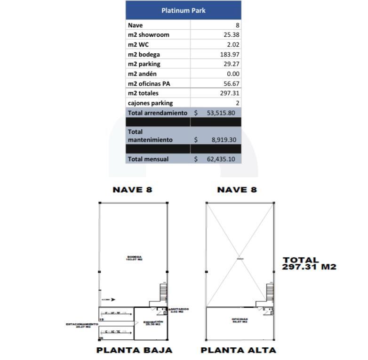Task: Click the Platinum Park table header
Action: click(x=183, y=10)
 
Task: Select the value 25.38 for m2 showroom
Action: click(x=231, y=35)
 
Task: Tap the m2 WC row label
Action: click(x=138, y=45)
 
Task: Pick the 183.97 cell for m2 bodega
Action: click(x=230, y=55)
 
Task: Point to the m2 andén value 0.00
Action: click(x=232, y=74)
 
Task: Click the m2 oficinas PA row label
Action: click(x=149, y=84)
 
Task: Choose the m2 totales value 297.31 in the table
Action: click(x=230, y=93)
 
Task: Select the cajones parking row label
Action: click(x=150, y=103)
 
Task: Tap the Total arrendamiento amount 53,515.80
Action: click(x=221, y=113)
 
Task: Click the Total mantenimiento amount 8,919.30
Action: click(x=223, y=140)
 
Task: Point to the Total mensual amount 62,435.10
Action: click(x=221, y=159)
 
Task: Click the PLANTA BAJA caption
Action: click(x=134, y=350)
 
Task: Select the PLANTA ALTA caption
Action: click(x=238, y=350)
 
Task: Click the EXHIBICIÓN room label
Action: click(x=153, y=323)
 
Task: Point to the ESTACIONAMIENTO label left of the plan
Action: click(x=82, y=325)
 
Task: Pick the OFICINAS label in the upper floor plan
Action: click(x=240, y=320)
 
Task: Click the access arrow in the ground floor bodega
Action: click(x=113, y=299)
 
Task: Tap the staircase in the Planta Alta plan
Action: click(x=270, y=292)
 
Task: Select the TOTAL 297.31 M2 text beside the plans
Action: click(x=309, y=263)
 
